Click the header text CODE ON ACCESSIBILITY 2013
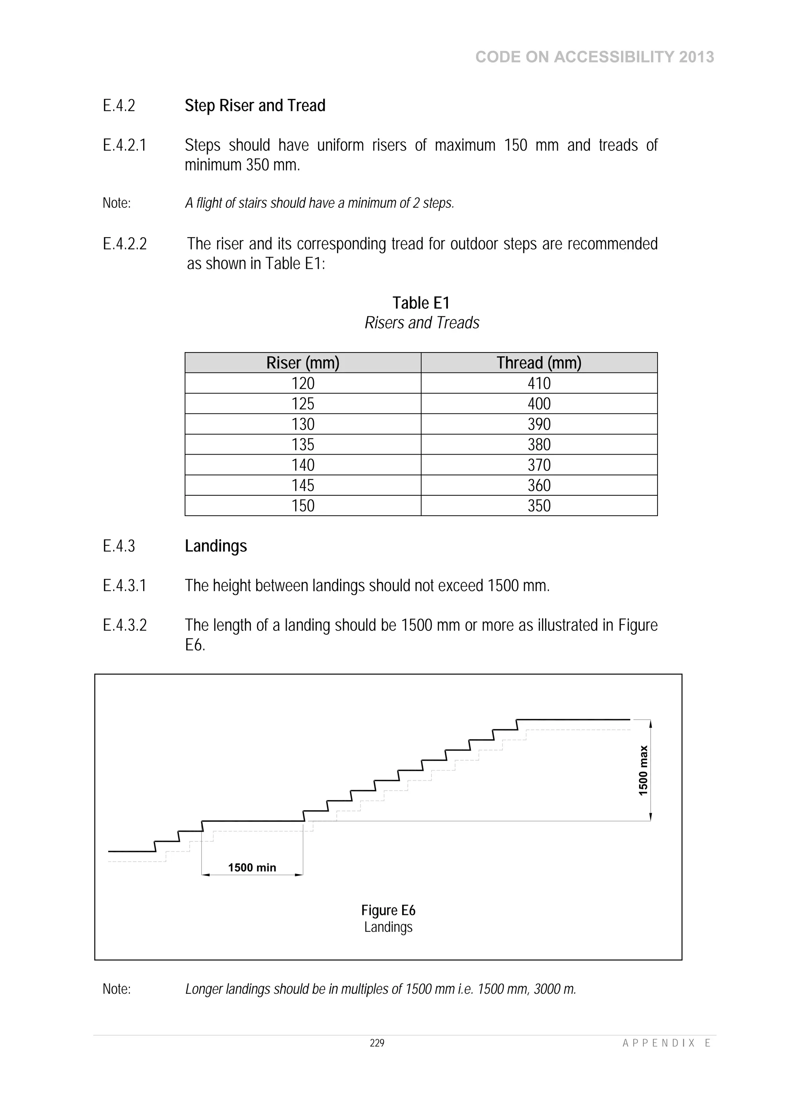594,57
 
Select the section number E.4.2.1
124,145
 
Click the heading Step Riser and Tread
255,105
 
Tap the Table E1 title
421,303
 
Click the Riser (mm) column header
302,363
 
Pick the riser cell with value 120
302,383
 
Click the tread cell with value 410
539,383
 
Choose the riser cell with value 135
302,445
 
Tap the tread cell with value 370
539,465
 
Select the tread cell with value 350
539,505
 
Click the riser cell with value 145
302,485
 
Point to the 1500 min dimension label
252,868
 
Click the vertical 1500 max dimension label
643,770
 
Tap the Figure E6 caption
388,910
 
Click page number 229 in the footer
377,1043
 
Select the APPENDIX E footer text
666,1043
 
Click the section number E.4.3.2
124,625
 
